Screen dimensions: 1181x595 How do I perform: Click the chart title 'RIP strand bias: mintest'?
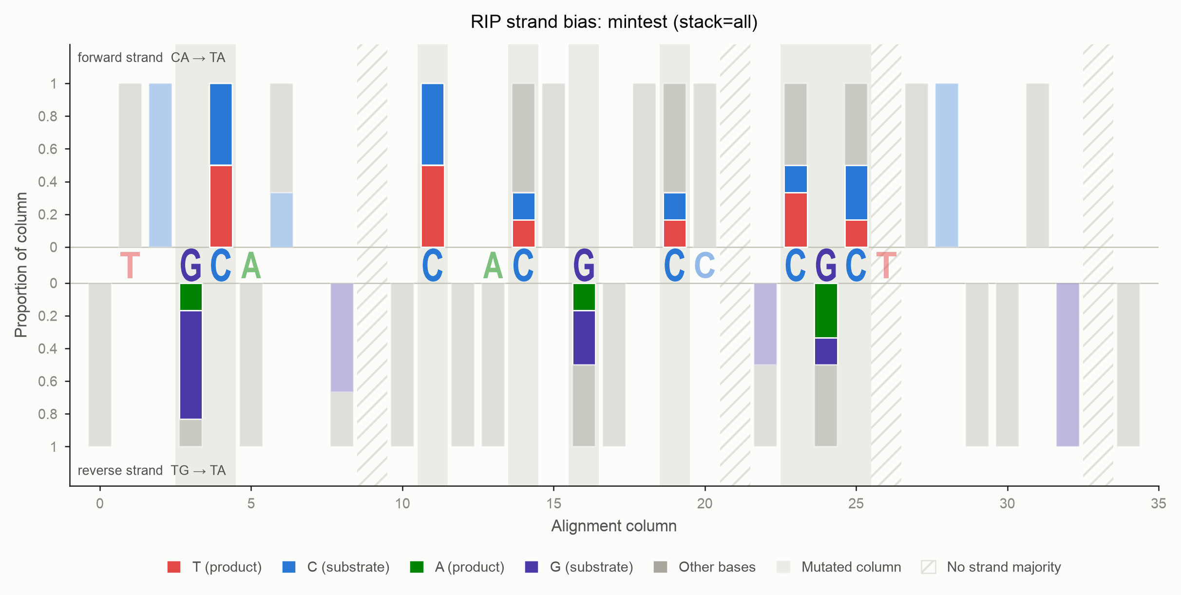[x=569, y=22]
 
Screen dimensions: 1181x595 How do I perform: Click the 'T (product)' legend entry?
[x=214, y=567]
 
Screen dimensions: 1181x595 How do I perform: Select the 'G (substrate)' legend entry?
[x=579, y=567]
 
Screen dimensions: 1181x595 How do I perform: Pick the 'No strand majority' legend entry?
[x=991, y=567]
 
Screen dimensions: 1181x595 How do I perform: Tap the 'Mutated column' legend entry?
[x=839, y=567]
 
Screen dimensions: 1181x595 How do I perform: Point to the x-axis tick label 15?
[x=553, y=503]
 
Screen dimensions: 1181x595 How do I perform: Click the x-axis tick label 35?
[x=1159, y=503]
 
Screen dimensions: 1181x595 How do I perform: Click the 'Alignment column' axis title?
[x=614, y=526]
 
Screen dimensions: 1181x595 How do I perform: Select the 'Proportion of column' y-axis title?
[x=21, y=265]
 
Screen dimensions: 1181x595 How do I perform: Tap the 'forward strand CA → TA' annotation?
[x=152, y=58]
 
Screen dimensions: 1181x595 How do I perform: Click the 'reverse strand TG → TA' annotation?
[x=152, y=470]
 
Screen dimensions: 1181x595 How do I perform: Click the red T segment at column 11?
[x=433, y=206]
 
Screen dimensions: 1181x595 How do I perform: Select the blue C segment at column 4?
[x=221, y=124]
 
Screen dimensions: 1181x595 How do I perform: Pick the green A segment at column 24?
[x=826, y=310]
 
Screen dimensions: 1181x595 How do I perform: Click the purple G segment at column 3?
[x=190, y=365]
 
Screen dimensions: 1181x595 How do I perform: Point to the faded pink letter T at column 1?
[x=130, y=265]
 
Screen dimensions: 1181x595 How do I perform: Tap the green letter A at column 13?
[x=493, y=265]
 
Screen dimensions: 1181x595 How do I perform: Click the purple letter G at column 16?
[x=584, y=265]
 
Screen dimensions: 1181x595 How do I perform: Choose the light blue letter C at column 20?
[x=705, y=265]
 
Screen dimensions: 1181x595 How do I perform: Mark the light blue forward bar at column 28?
[x=947, y=165]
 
